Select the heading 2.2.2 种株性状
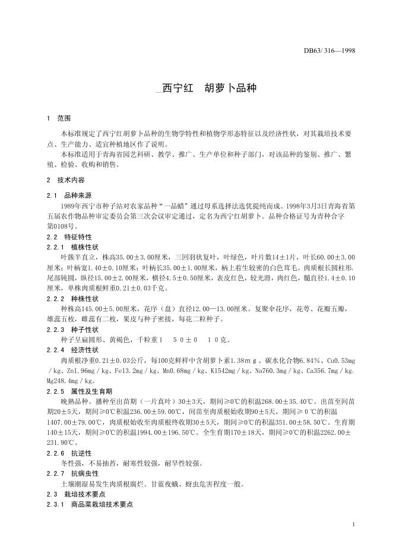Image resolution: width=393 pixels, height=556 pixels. click(x=72, y=298)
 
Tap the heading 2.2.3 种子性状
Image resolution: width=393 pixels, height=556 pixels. click(x=72, y=329)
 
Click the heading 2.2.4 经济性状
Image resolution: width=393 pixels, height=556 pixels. click(x=72, y=350)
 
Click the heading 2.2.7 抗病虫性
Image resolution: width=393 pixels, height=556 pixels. click(x=72, y=473)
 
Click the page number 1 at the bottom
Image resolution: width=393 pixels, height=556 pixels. click(x=353, y=525)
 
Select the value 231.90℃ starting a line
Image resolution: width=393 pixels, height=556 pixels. click(x=61, y=443)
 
